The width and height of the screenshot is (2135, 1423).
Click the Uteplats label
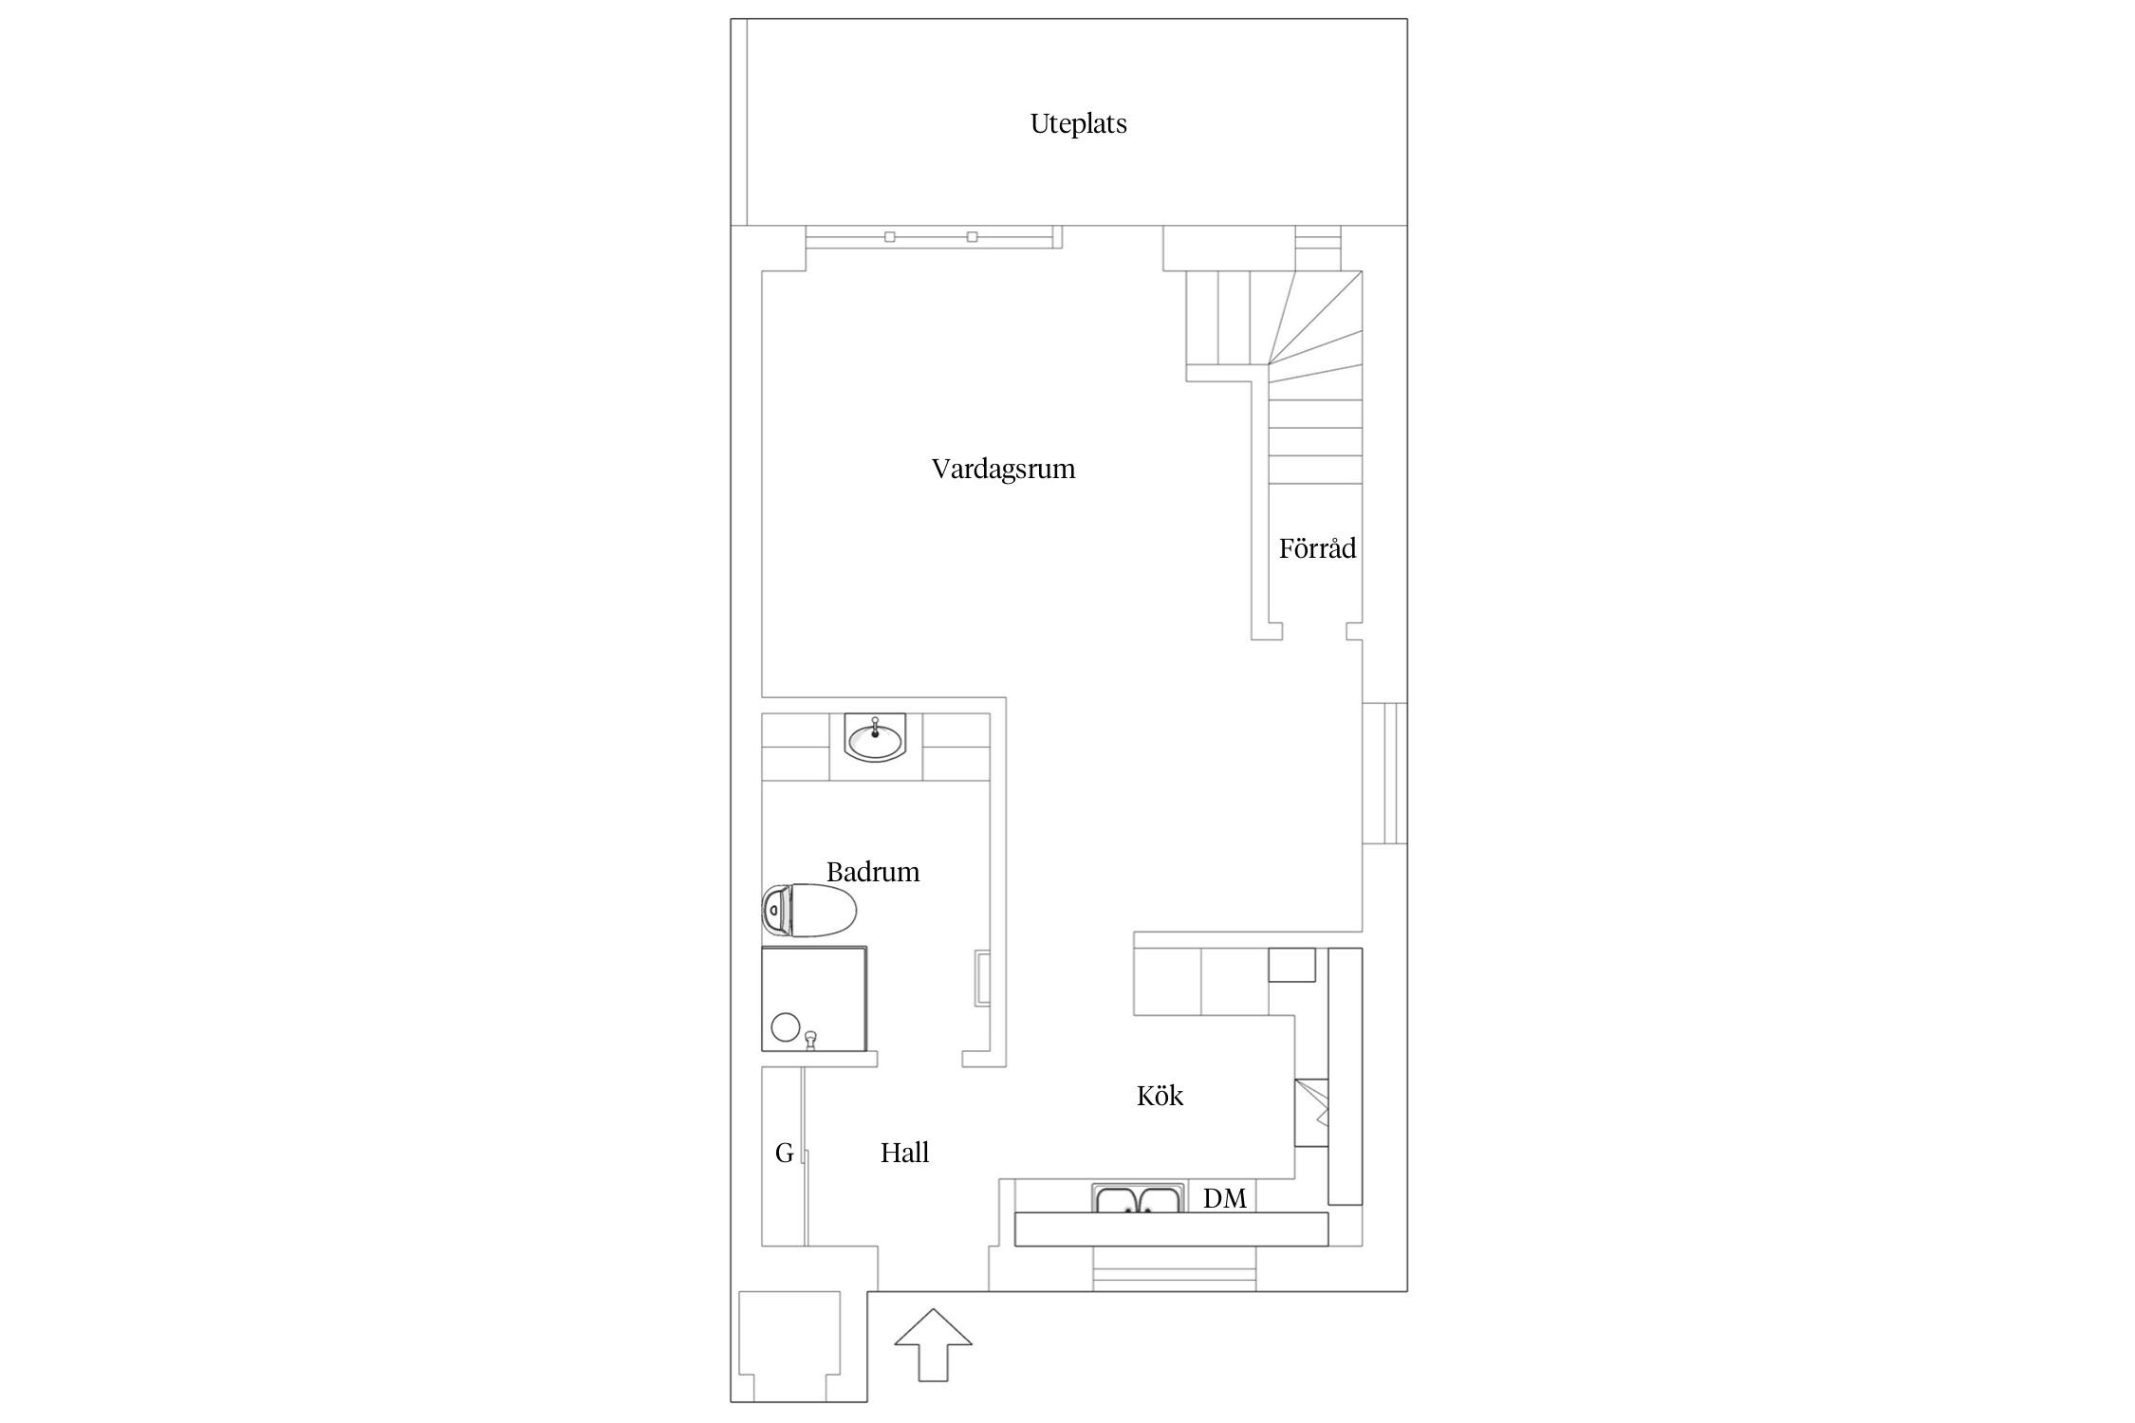1078,124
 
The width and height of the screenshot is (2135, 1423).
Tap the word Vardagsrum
1003,469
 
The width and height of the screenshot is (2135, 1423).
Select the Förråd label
1317,547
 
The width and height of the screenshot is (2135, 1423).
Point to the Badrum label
873,872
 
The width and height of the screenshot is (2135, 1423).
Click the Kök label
1160,1096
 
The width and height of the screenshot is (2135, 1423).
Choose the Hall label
904,1153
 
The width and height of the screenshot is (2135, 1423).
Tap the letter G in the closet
784,1153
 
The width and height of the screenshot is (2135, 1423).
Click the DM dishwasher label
1224,1198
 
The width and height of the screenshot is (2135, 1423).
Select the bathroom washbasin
875,738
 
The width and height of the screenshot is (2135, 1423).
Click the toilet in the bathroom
809,910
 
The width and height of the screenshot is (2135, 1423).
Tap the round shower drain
785,1026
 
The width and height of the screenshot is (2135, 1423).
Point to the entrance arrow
934,1344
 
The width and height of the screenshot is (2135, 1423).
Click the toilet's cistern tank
774,911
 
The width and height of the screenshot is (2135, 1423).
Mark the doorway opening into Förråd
1314,631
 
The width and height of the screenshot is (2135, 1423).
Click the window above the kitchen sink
1174,1268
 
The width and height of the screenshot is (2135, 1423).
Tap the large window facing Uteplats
933,236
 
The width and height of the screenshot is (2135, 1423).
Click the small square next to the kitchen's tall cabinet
1292,964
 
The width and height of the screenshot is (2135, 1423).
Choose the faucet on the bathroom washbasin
874,727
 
